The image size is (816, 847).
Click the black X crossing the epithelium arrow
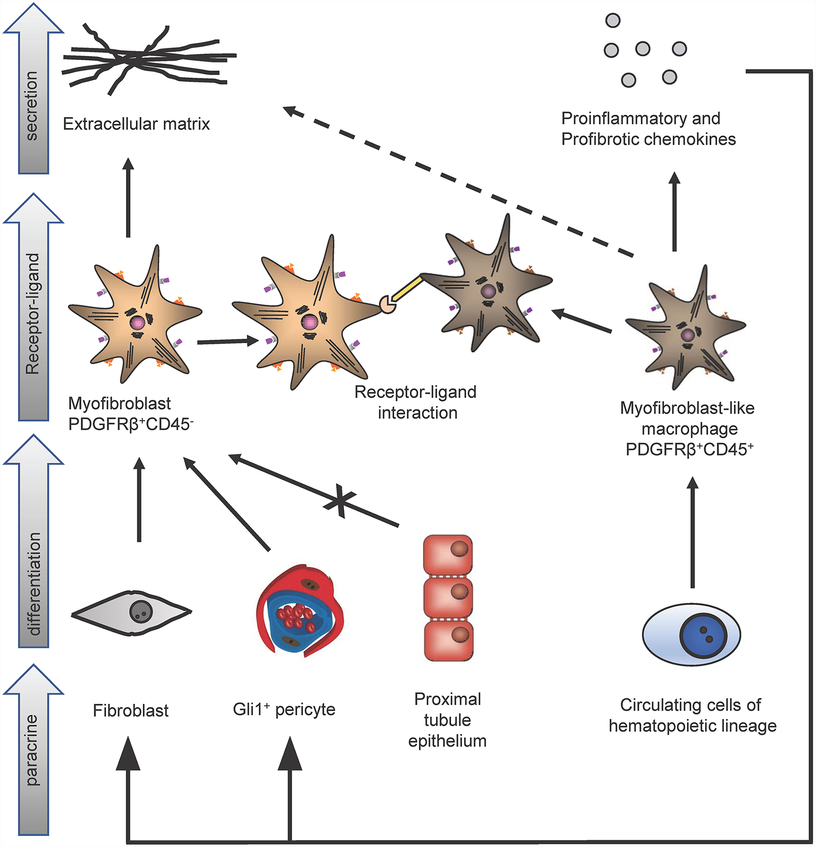pos(339,501)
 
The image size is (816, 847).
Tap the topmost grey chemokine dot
pos(613,20)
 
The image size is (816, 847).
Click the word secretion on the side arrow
pos(32,105)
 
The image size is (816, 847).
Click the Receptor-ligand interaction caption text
pos(416,402)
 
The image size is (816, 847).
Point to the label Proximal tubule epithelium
pos(448,720)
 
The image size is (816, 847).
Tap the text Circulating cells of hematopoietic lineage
pos(692,715)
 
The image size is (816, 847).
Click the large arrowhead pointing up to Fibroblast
pos(128,755)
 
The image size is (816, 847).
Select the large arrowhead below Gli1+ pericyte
pos(290,755)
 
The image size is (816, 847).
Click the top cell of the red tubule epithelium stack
pos(448,554)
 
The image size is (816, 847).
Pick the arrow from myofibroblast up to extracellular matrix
pos(128,198)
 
